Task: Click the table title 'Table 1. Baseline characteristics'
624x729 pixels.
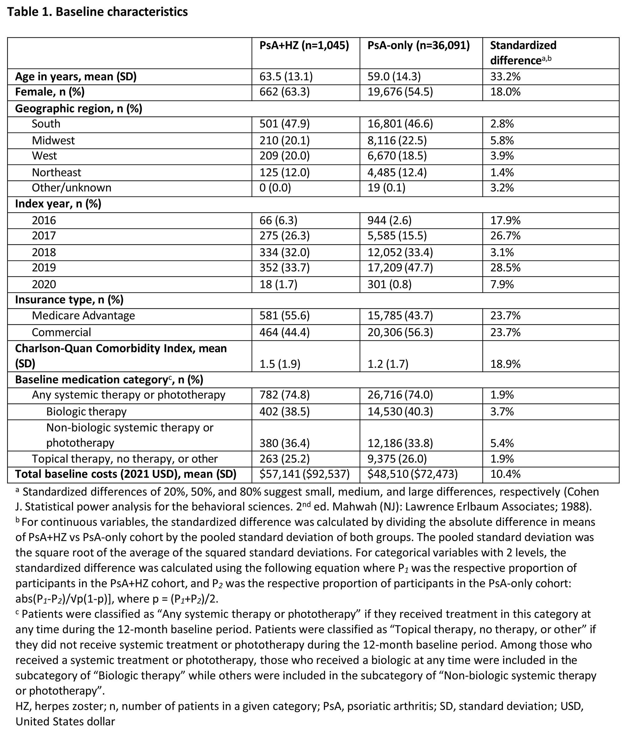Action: (x=97, y=12)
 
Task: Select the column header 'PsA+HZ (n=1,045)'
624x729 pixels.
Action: (x=304, y=46)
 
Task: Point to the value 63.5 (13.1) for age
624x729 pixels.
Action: (x=286, y=77)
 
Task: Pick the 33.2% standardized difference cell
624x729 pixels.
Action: (x=505, y=77)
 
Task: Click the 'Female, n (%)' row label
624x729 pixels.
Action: (x=50, y=92)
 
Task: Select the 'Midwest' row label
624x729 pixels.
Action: (x=53, y=141)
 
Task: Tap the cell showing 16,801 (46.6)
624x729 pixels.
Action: (x=400, y=124)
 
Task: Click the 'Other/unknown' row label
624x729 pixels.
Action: (x=71, y=188)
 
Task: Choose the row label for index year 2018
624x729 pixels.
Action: (x=44, y=252)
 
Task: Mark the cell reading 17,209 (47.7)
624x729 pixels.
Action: (x=400, y=268)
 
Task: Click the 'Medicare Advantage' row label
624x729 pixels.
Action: (x=83, y=316)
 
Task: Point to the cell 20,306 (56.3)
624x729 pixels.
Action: (x=400, y=332)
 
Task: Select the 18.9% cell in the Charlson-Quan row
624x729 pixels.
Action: (x=505, y=364)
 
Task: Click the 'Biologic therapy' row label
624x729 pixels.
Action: (x=86, y=412)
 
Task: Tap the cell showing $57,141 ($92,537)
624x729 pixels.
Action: (x=304, y=475)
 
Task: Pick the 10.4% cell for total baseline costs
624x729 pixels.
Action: (x=505, y=475)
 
